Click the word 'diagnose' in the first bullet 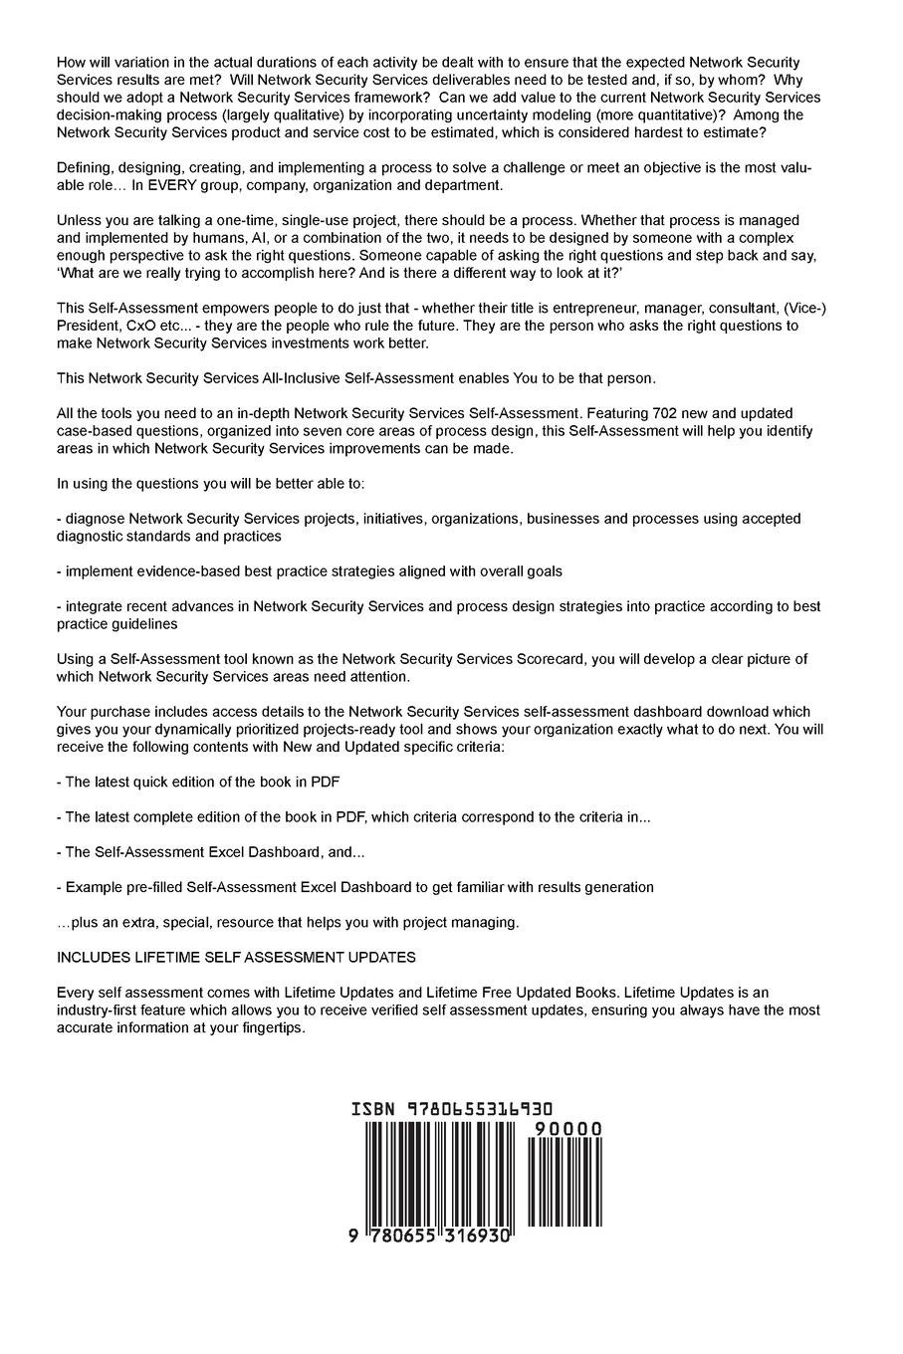click(x=96, y=519)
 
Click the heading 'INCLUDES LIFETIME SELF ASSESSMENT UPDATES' click(x=236, y=957)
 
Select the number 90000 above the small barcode click(x=567, y=1129)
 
